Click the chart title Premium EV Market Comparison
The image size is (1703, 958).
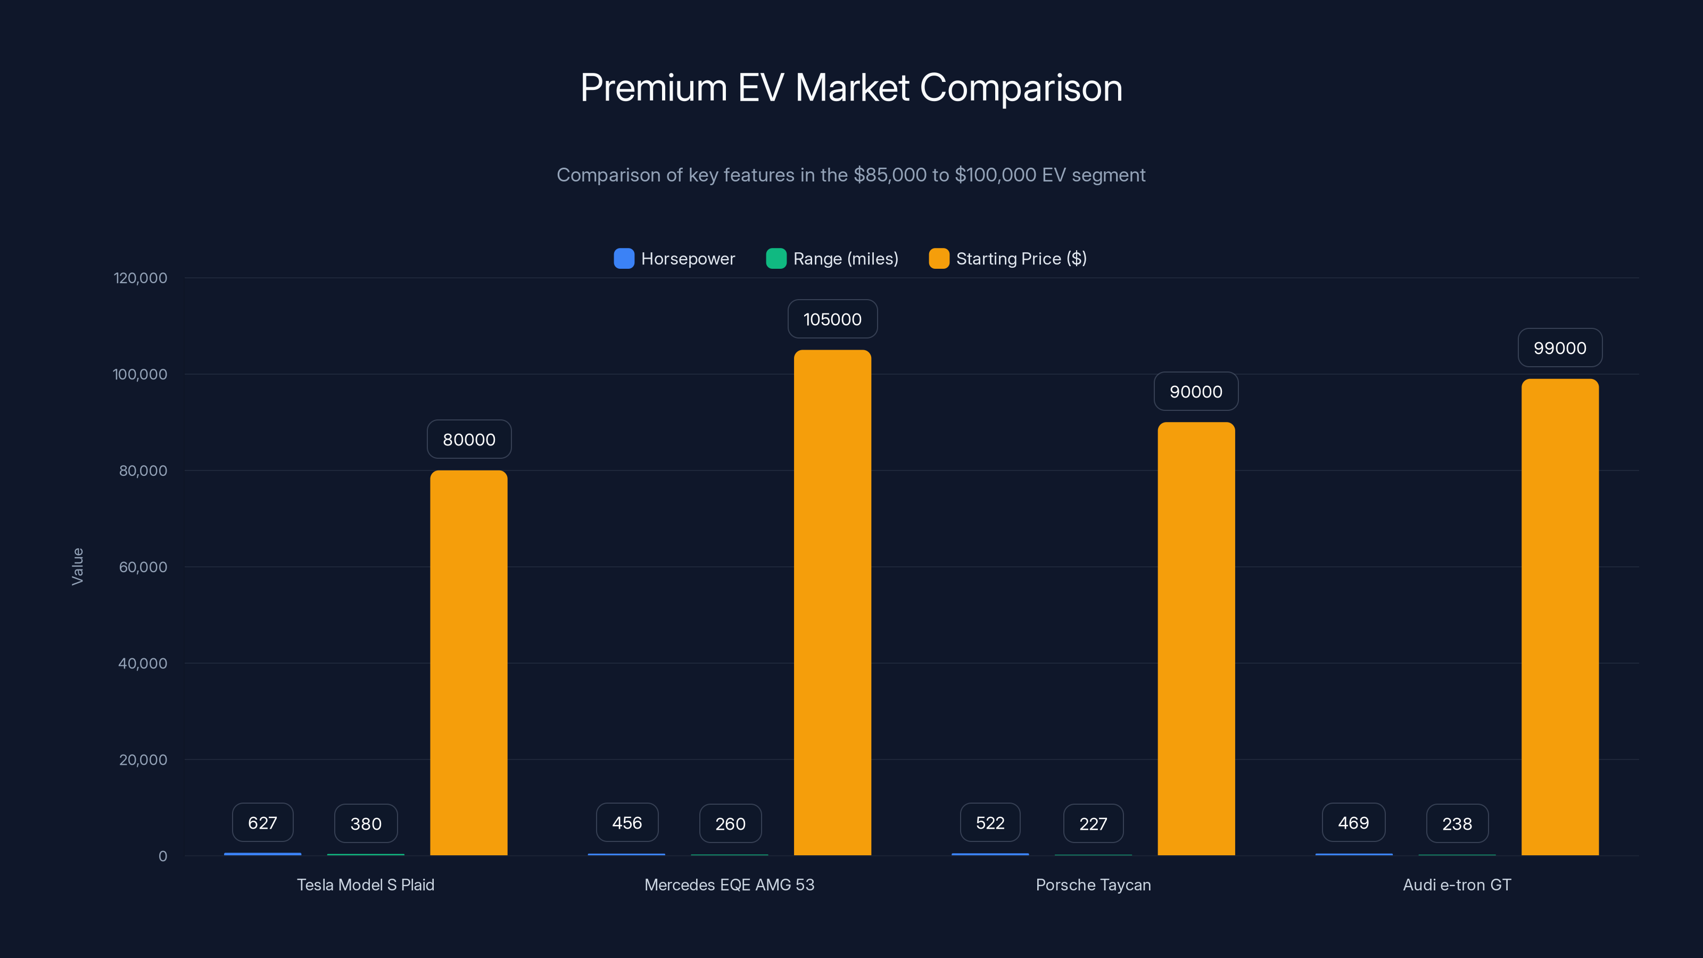(x=851, y=88)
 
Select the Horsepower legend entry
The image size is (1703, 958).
(x=674, y=259)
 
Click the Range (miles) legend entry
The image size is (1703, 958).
(x=832, y=259)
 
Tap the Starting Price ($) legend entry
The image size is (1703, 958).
(x=1007, y=259)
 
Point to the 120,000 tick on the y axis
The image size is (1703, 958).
(x=140, y=278)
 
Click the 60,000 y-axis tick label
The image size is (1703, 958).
(x=143, y=567)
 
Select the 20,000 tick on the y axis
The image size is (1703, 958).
(x=143, y=759)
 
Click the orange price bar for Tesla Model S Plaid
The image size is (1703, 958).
(x=469, y=661)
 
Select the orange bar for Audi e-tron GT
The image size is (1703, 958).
(x=1559, y=615)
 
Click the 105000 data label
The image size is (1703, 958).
(x=832, y=319)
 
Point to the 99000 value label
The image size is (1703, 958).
(x=1559, y=348)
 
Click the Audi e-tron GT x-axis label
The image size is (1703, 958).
(x=1457, y=885)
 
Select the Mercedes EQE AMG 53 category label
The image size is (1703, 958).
(x=729, y=885)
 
